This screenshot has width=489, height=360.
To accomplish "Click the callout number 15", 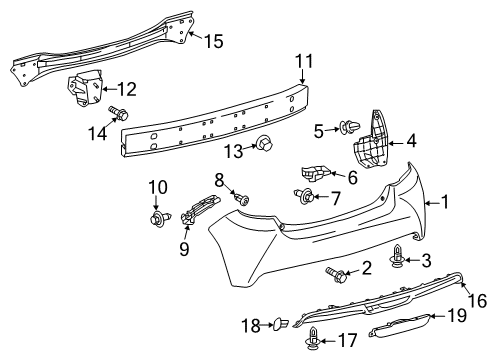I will point(214,41).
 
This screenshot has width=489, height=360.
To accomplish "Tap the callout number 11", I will point(303,61).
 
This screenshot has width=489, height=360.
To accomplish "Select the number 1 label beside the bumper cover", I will point(446,201).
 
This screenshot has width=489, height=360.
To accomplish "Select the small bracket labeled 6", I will point(320,173).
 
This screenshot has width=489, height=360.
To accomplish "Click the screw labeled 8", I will point(241,200).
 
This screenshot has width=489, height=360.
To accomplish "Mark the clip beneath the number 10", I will point(158,216).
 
